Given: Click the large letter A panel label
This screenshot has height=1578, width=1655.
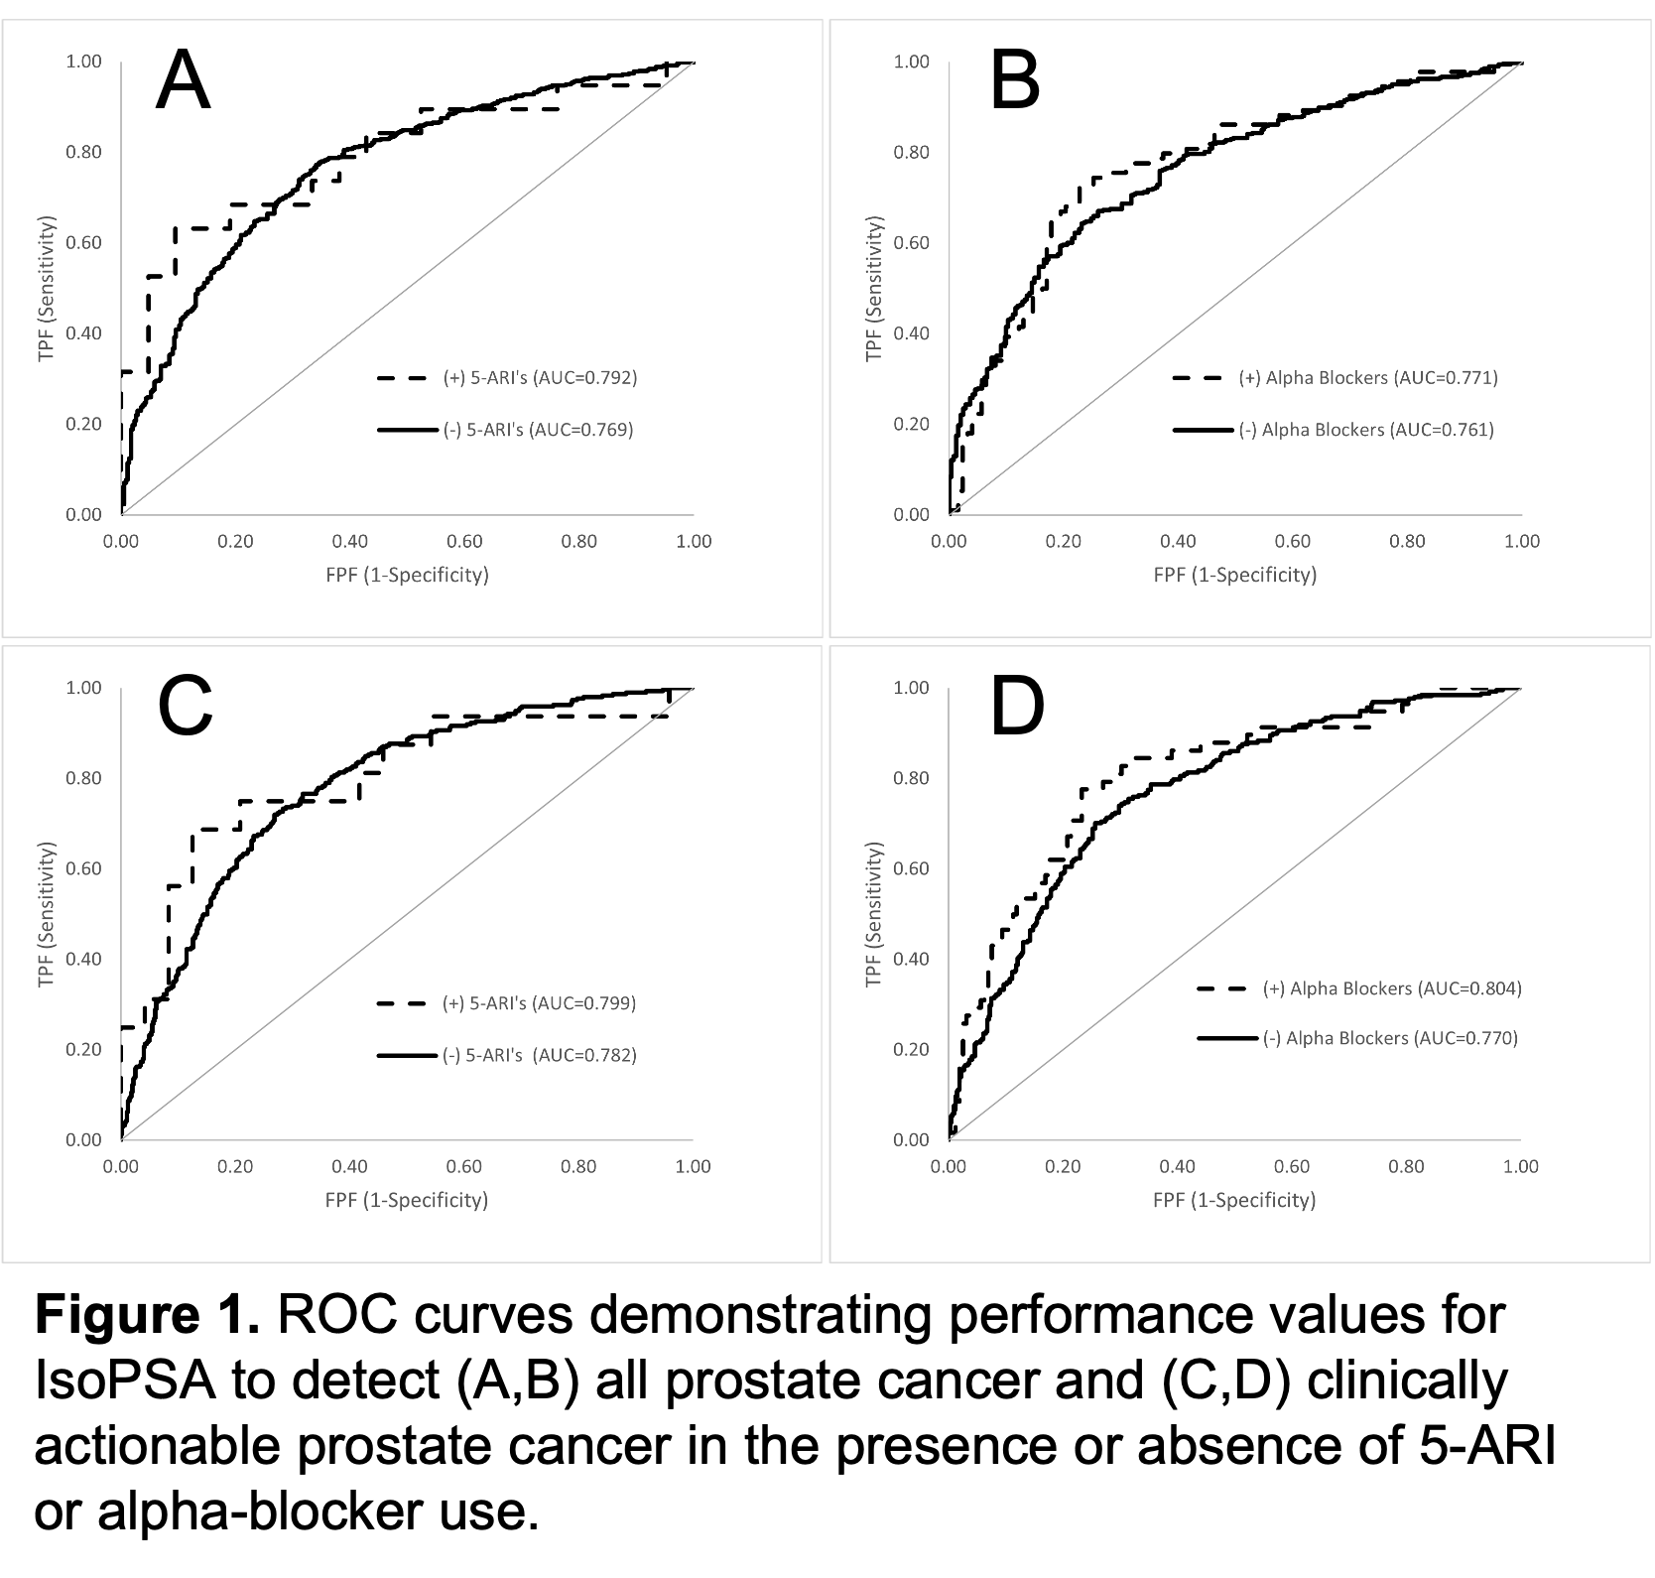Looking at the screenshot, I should click(184, 81).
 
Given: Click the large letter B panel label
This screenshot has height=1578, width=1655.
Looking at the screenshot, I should click(1015, 81).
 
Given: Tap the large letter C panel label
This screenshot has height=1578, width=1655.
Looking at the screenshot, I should click(186, 707).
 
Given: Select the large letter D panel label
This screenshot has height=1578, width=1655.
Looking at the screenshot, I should click(1017, 707).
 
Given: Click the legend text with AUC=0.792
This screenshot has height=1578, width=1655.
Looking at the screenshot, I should click(539, 377).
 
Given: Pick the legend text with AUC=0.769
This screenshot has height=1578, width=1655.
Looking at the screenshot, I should click(537, 430).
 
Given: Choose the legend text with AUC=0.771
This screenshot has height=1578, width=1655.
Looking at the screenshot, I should click(1368, 377).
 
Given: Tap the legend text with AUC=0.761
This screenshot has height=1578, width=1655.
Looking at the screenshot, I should click(1366, 430).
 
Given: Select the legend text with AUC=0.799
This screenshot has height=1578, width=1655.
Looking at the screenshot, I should click(539, 1002).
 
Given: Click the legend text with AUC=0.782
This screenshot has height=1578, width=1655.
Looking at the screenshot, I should click(539, 1055).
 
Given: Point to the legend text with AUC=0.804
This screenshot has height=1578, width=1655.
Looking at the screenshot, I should click(1392, 988).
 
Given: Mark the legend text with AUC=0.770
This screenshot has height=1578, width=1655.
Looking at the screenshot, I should click(1390, 1038).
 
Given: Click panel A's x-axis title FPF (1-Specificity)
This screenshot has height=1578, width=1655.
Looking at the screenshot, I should click(407, 575).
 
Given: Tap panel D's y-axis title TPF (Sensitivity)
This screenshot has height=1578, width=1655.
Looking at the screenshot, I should click(874, 914).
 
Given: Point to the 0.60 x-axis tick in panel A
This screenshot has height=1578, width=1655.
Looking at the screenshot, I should click(464, 542).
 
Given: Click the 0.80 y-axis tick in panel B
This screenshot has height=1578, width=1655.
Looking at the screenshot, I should click(912, 152).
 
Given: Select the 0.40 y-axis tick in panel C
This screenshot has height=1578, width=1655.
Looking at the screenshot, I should click(83, 959).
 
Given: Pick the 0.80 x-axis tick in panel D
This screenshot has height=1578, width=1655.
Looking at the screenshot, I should click(1407, 1167).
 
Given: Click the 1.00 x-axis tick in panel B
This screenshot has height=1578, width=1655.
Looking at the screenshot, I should click(1522, 542).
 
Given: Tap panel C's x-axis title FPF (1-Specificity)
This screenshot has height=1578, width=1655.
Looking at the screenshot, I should click(407, 1200).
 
